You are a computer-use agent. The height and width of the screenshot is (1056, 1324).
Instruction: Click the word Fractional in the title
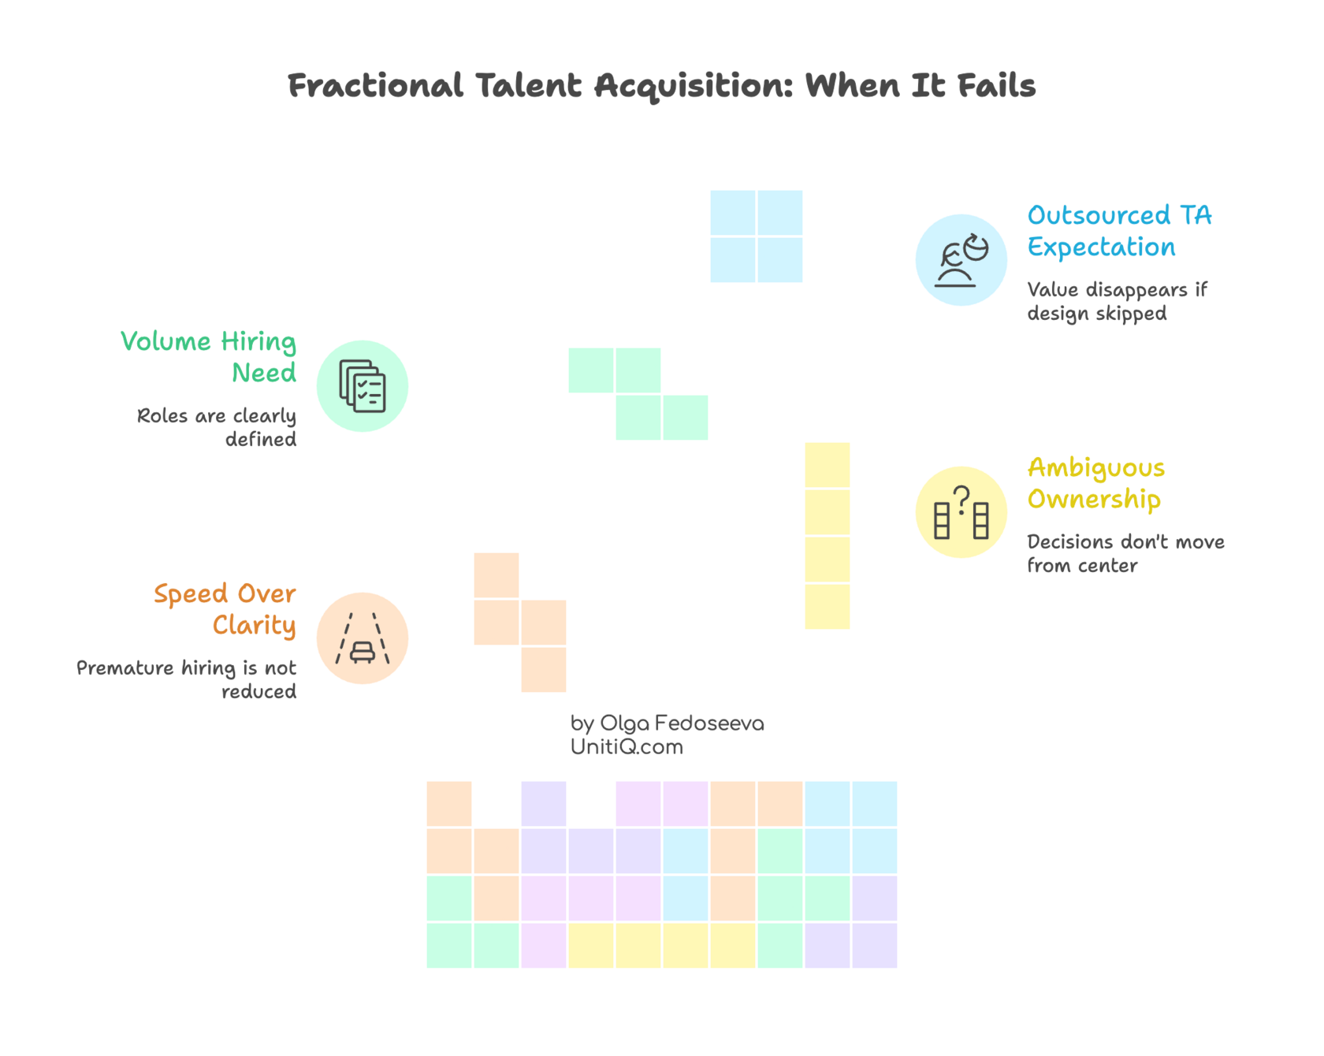click(375, 85)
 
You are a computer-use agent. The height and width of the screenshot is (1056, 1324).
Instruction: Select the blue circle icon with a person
click(961, 259)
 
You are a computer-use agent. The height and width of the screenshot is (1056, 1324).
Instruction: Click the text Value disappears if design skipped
click(1116, 301)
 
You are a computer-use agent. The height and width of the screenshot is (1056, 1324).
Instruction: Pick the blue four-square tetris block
click(756, 236)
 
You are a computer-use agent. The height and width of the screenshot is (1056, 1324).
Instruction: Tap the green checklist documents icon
click(363, 385)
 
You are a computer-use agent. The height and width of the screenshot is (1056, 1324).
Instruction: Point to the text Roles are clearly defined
click(218, 427)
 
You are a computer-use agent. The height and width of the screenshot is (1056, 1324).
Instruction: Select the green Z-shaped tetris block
click(638, 394)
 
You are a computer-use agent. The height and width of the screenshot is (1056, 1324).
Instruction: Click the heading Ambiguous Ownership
click(1095, 483)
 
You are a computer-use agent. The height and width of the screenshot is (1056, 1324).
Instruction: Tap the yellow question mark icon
click(961, 512)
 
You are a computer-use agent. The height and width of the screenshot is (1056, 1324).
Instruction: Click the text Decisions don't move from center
click(1125, 553)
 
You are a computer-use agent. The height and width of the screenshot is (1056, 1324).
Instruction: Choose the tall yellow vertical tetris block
click(827, 536)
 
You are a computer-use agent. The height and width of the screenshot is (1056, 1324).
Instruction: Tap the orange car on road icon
click(363, 638)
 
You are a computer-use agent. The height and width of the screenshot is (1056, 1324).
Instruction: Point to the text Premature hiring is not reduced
click(188, 679)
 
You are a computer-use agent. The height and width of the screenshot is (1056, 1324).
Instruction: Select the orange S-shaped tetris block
click(520, 623)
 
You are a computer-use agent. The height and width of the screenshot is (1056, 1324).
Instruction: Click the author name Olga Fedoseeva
click(682, 723)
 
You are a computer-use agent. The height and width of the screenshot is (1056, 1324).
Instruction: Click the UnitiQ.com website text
click(626, 747)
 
